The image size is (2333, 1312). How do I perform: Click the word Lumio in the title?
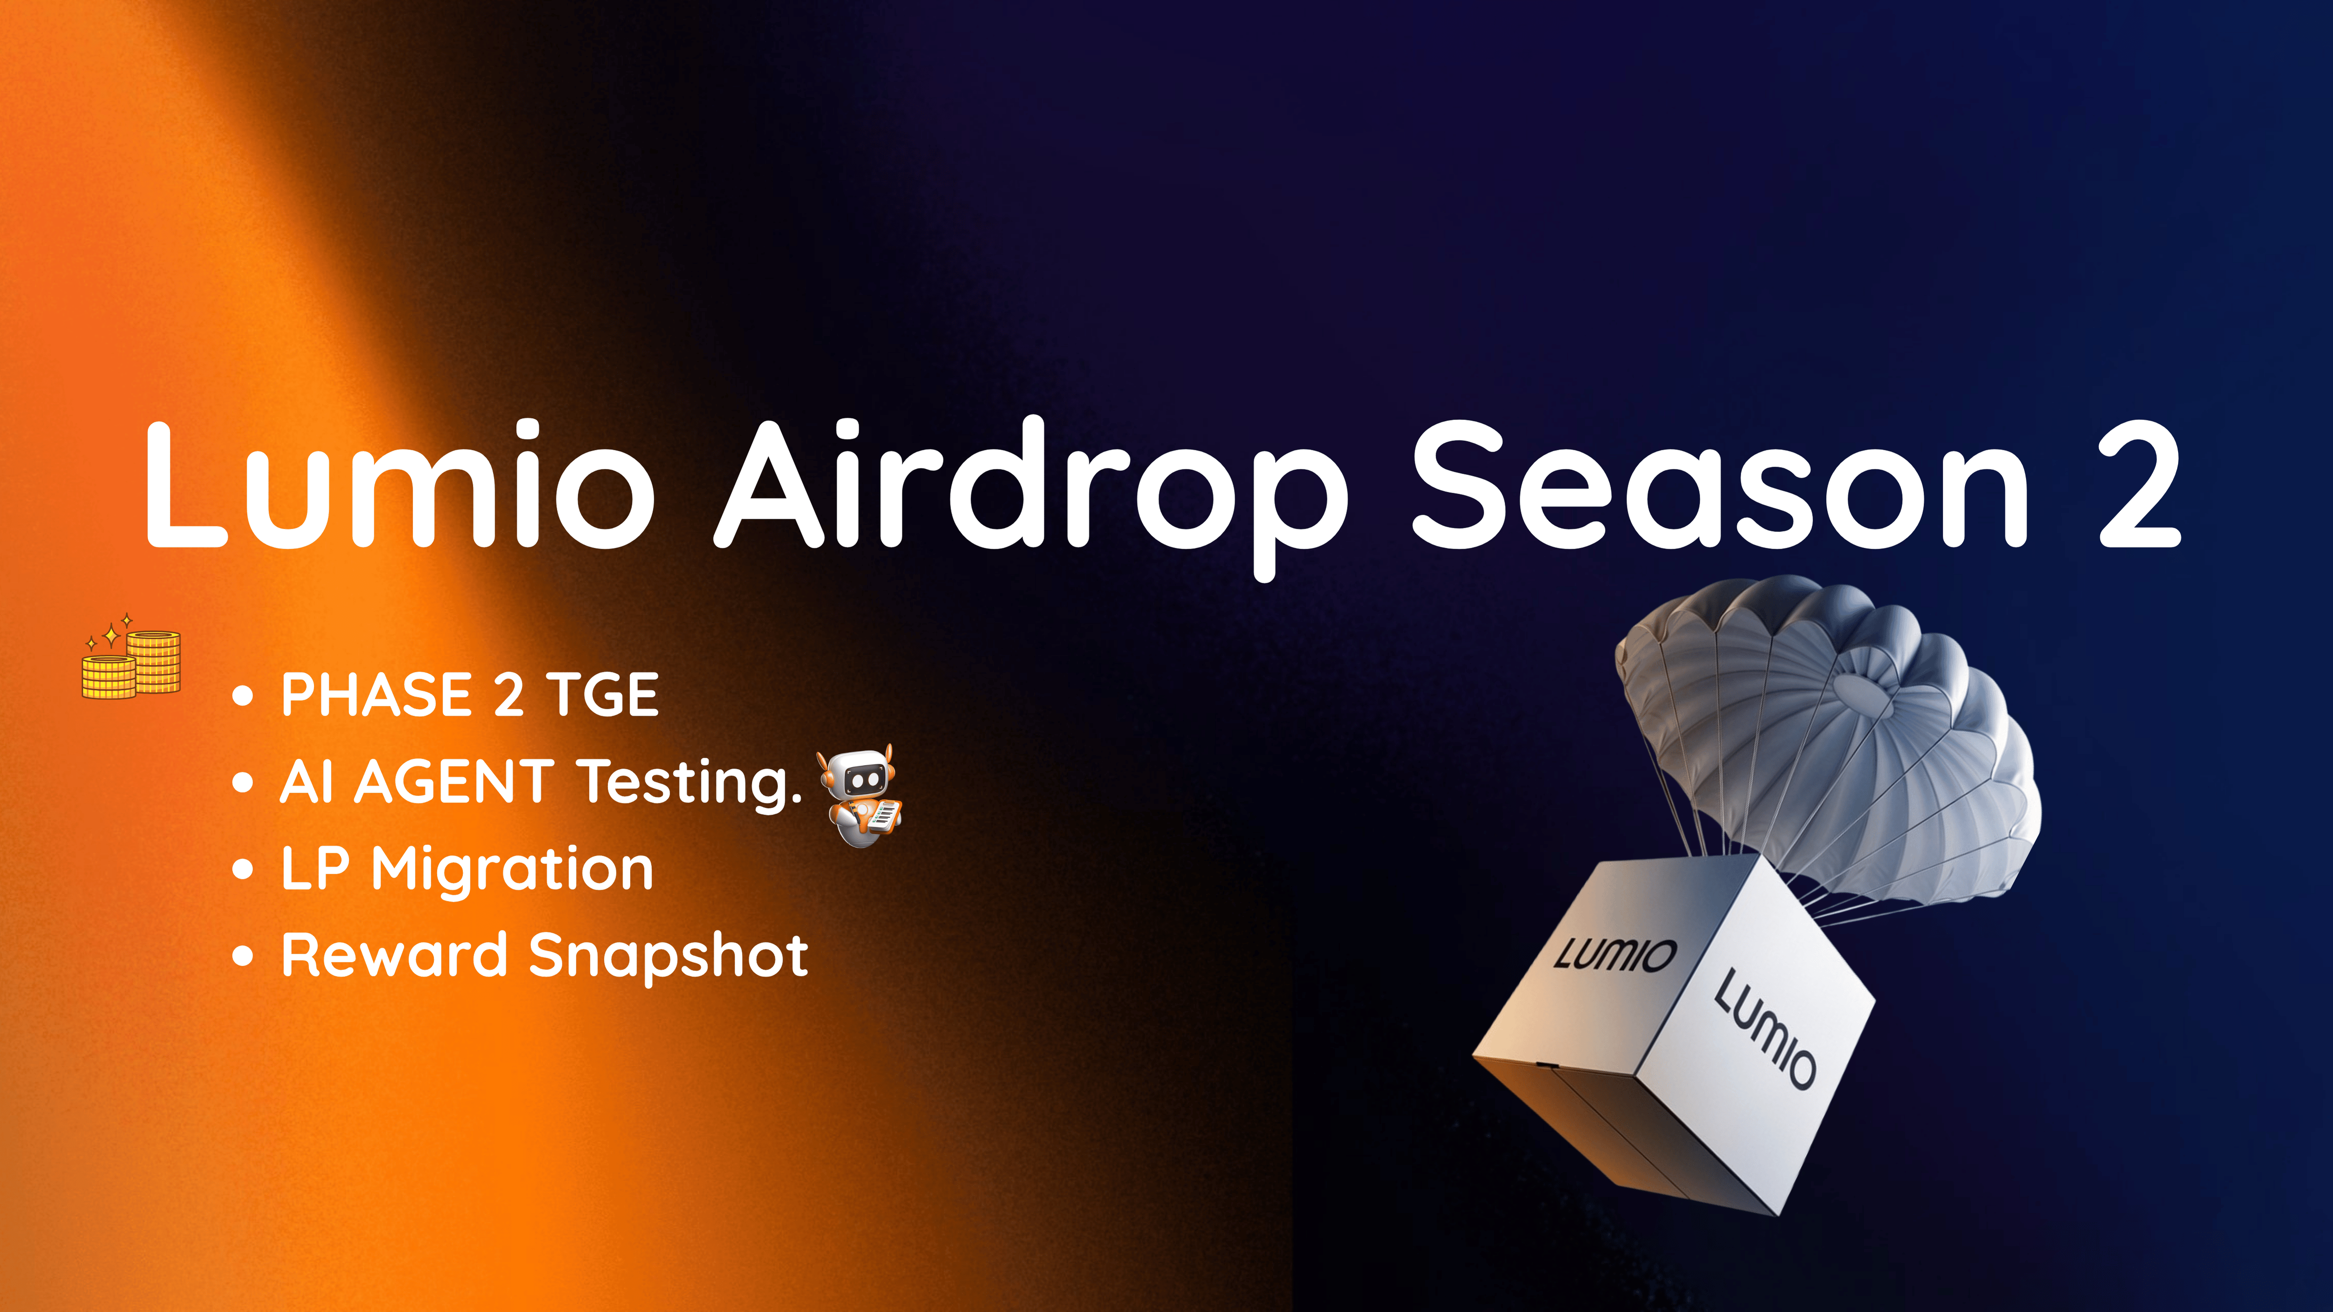pyautogui.click(x=398, y=482)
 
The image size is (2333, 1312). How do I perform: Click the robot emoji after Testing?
pyautogui.click(x=859, y=795)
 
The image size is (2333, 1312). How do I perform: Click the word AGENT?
pyautogui.click(x=454, y=782)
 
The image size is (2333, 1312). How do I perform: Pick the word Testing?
pyautogui.click(x=690, y=783)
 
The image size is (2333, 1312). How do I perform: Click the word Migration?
pyautogui.click(x=513, y=871)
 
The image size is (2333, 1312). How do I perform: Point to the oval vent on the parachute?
pyautogui.click(x=1865, y=690)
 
